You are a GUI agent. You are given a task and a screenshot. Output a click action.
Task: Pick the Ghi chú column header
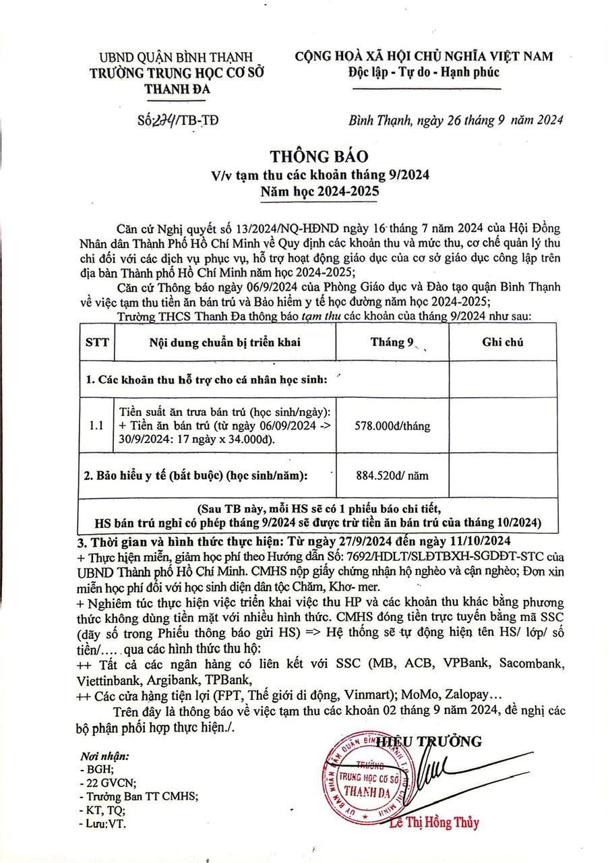pyautogui.click(x=503, y=342)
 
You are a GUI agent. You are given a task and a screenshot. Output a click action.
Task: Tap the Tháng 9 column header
pyautogui.click(x=392, y=342)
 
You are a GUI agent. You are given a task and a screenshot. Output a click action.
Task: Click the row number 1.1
pyautogui.click(x=97, y=426)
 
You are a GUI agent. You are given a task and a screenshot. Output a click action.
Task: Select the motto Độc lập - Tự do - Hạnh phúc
pyautogui.click(x=424, y=73)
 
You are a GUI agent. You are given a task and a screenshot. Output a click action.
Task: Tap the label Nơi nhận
pyautogui.click(x=104, y=756)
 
